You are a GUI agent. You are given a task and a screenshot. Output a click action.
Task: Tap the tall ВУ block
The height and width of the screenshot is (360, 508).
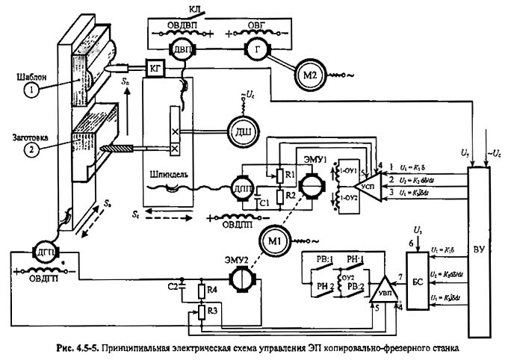pos(478,246)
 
